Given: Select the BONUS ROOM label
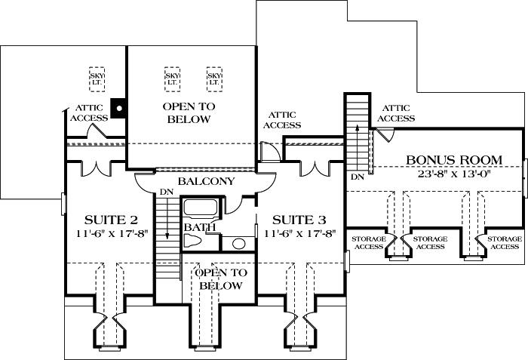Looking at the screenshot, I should (x=443, y=160).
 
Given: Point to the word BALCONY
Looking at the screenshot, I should (x=206, y=182).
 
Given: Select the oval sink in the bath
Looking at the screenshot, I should (x=238, y=244).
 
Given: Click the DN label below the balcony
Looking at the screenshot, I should (x=166, y=194).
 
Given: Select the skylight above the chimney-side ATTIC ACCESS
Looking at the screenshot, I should (x=97, y=78).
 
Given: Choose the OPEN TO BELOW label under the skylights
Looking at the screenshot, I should (x=189, y=113).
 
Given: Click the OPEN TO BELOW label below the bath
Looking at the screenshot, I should (x=218, y=279).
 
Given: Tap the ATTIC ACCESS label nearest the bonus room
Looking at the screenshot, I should (x=395, y=113).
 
